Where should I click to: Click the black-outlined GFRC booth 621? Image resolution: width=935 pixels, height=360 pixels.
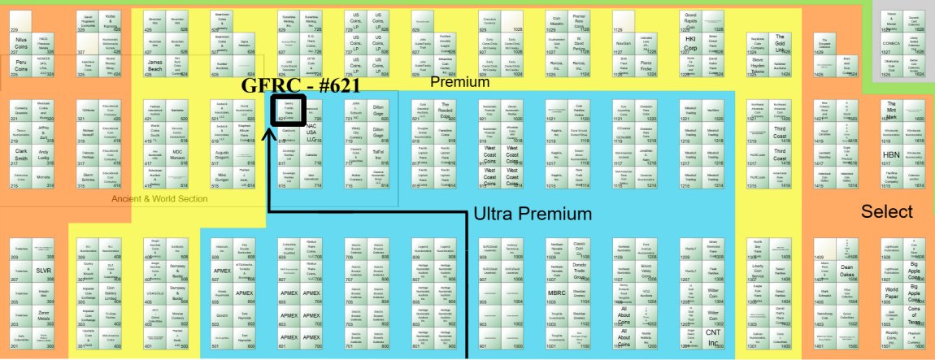point(287,111)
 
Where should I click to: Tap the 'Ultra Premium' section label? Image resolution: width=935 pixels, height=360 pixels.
point(533,214)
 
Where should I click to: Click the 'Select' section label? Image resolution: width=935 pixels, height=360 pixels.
point(887,211)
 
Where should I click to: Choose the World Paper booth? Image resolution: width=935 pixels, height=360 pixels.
point(891,294)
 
